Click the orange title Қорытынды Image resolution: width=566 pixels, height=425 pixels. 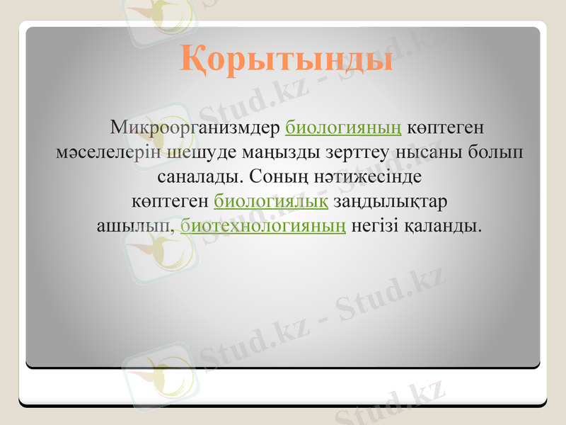click(287, 57)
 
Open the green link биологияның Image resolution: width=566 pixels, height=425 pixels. click(344, 128)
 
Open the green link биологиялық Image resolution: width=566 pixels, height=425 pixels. click(270, 201)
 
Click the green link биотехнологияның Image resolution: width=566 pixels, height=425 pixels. click(263, 226)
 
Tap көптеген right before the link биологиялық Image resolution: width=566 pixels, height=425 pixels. click(171, 201)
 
